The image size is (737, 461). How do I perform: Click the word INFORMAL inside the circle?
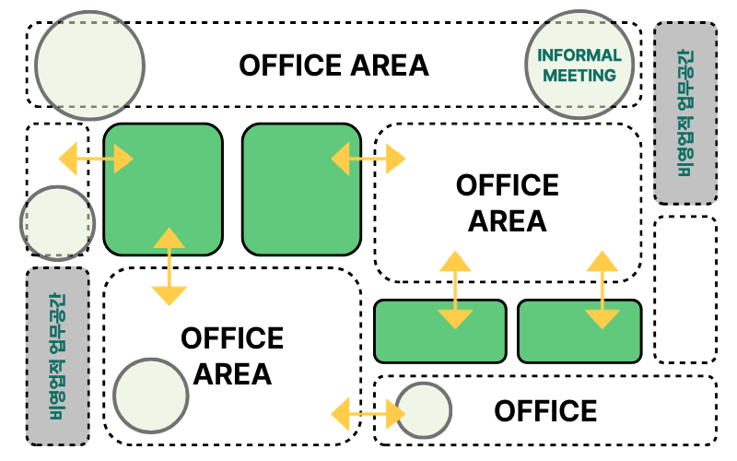click(579, 55)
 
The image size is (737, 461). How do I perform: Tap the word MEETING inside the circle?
click(579, 76)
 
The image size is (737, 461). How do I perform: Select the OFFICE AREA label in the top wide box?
click(333, 65)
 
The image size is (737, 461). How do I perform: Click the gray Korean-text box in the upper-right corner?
click(685, 112)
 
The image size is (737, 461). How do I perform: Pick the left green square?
click(163, 189)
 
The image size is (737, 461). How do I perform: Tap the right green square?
click(302, 189)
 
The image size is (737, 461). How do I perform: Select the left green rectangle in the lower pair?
click(440, 331)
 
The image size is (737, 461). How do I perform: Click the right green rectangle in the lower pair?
click(579, 331)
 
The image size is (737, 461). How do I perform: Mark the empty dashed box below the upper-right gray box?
click(685, 290)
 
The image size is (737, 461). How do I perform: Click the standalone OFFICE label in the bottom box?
click(545, 410)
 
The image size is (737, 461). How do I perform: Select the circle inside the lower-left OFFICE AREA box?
click(152, 396)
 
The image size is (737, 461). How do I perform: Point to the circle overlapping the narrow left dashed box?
click(58, 223)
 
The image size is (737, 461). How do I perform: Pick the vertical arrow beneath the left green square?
click(169, 266)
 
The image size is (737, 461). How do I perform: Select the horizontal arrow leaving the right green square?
click(368, 160)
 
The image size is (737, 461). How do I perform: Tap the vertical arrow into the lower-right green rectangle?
click(602, 290)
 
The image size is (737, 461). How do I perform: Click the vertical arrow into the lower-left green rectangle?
click(455, 290)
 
